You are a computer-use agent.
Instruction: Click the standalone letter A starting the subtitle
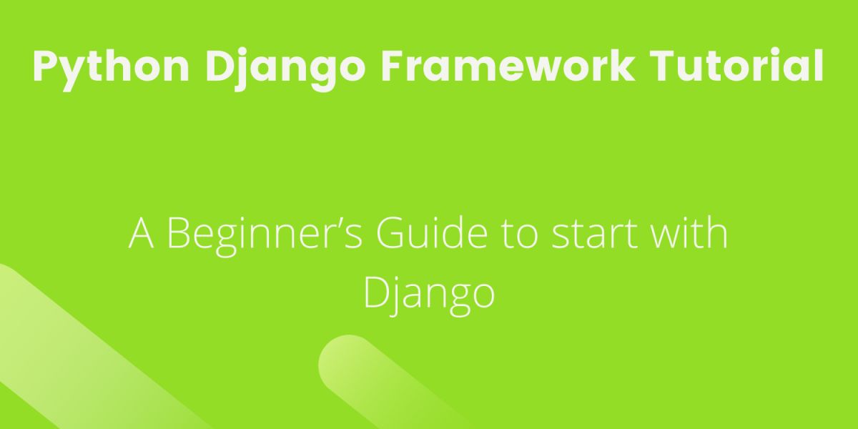pos(141,234)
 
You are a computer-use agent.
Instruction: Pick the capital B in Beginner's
pos(182,234)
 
